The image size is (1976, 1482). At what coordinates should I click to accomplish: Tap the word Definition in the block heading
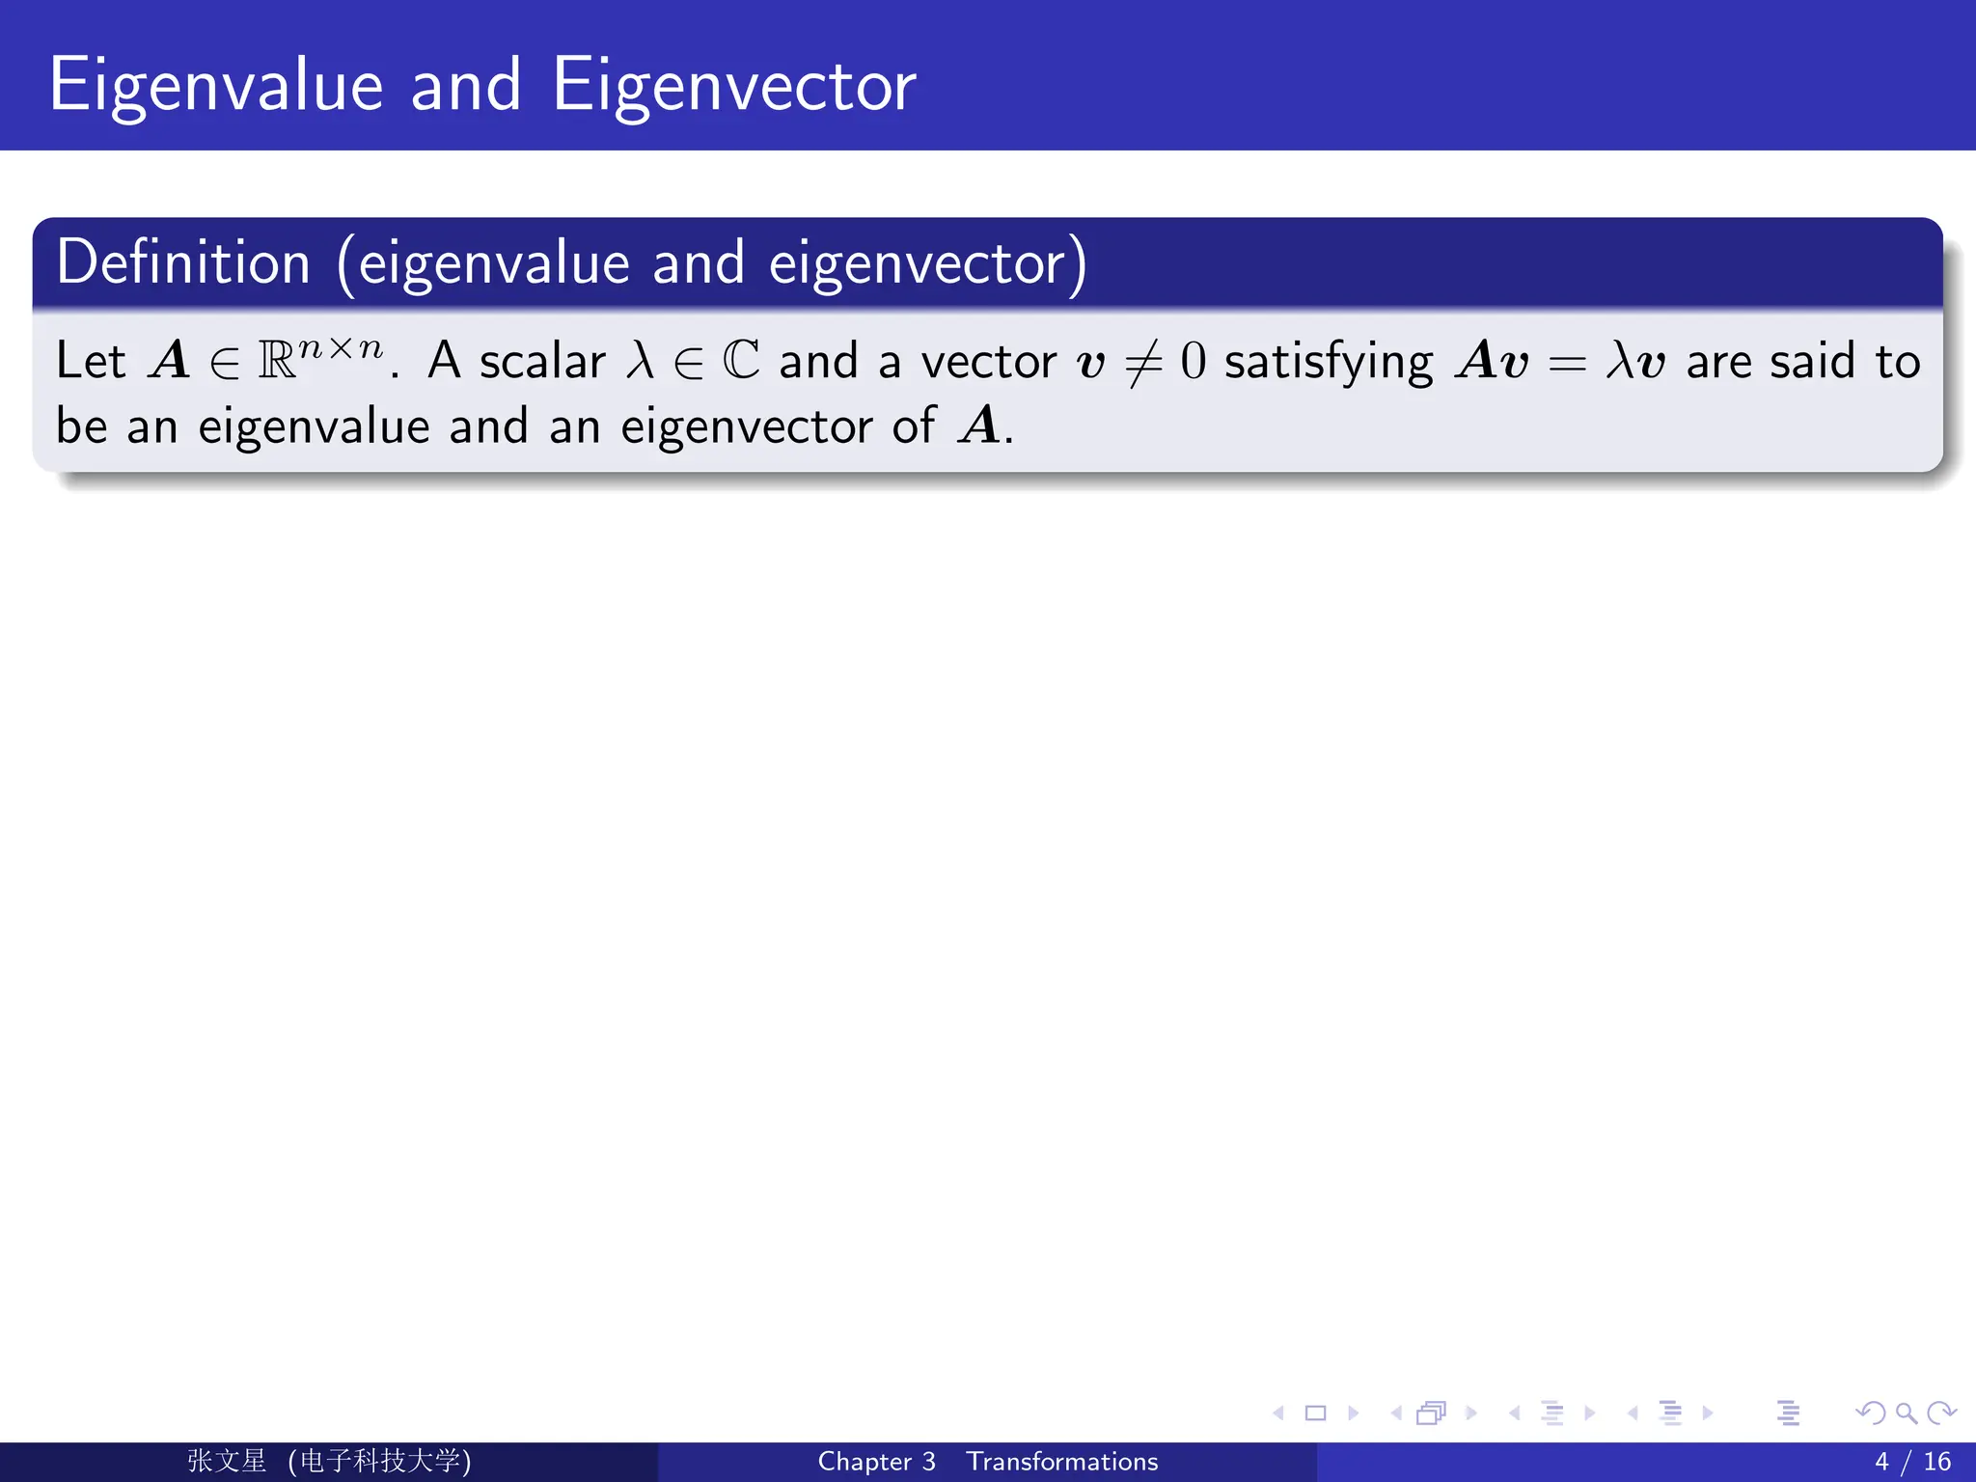(183, 262)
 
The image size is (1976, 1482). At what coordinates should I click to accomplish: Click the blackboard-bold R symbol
(277, 361)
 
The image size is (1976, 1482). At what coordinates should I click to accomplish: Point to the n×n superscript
(341, 347)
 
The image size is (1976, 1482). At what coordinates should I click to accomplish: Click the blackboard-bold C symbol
(741, 361)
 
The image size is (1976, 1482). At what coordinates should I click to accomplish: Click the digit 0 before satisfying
(1193, 362)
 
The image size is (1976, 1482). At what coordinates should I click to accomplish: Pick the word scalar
(542, 362)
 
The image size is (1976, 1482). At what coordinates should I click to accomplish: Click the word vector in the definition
(989, 362)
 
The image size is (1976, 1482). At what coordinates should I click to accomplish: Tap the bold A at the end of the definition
(980, 425)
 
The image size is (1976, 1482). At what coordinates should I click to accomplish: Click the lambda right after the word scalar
(640, 361)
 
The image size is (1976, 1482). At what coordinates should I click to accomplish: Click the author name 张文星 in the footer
(227, 1461)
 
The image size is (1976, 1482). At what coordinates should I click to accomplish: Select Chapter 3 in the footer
(876, 1462)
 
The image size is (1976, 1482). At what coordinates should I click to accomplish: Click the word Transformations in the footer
(1061, 1462)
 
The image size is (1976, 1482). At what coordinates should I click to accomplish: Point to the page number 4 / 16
(1912, 1462)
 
